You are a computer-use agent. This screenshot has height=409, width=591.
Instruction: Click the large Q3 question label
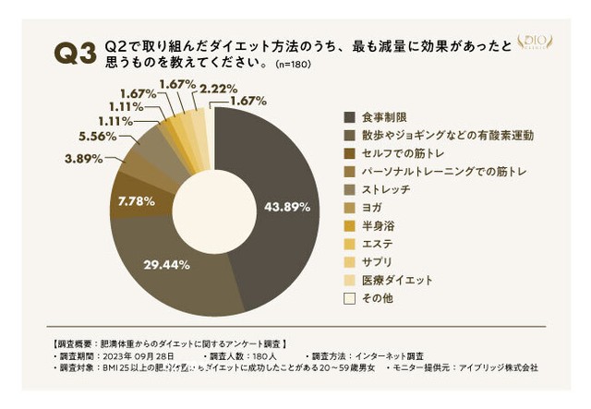[76, 54]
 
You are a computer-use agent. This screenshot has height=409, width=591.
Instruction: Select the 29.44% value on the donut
[167, 264]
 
